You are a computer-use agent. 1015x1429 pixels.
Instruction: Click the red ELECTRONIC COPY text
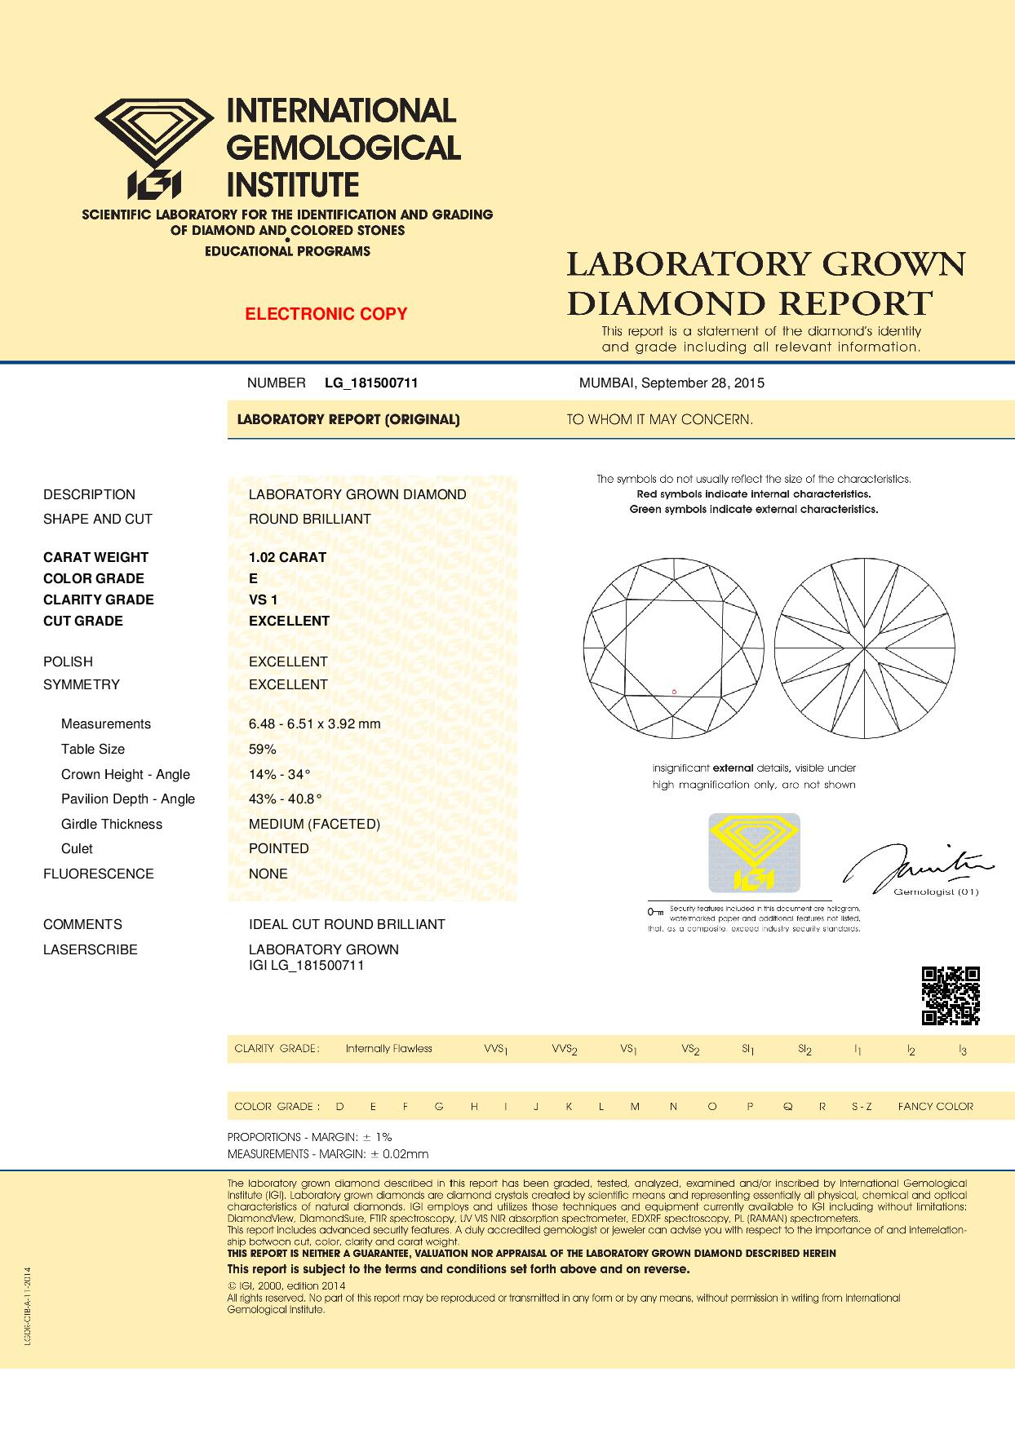pyautogui.click(x=326, y=314)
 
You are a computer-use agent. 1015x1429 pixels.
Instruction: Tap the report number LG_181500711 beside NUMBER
pyautogui.click(x=371, y=383)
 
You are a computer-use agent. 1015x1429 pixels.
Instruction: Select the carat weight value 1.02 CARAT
pyautogui.click(x=287, y=557)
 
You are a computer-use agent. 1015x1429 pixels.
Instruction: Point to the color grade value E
pyautogui.click(x=254, y=578)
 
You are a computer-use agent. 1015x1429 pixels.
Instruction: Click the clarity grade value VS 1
pyautogui.click(x=263, y=599)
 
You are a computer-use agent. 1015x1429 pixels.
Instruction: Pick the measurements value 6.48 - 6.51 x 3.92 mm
pyautogui.click(x=314, y=723)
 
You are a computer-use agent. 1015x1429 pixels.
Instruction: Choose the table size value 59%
pyautogui.click(x=263, y=749)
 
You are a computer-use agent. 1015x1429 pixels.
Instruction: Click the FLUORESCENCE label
pyautogui.click(x=98, y=874)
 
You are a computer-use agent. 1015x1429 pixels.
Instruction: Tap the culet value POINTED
pyautogui.click(x=279, y=848)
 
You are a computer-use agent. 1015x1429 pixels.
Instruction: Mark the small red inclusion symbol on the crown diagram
pyautogui.click(x=674, y=692)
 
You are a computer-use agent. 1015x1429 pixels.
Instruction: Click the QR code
pyautogui.click(x=951, y=995)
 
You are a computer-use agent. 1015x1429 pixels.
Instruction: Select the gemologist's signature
pyautogui.click(x=918, y=868)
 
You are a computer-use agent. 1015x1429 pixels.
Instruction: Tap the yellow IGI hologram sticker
pyautogui.click(x=754, y=852)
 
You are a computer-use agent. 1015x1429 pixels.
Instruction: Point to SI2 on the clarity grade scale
pyautogui.click(x=804, y=1049)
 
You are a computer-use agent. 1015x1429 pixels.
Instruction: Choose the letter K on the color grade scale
pyautogui.click(x=569, y=1107)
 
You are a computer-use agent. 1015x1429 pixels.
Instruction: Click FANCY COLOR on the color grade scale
pyautogui.click(x=935, y=1107)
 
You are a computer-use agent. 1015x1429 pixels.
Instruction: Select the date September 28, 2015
pyautogui.click(x=703, y=383)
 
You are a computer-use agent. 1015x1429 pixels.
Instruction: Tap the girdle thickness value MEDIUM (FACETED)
pyautogui.click(x=314, y=824)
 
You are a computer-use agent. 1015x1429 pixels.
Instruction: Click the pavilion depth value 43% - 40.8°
pyautogui.click(x=285, y=799)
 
